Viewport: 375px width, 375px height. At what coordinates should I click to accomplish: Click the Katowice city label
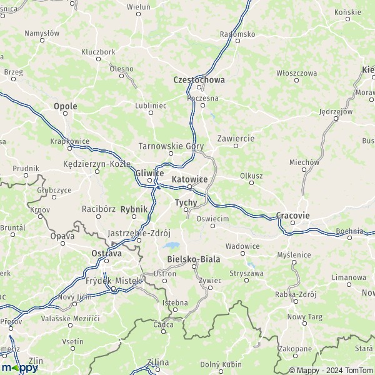click(189, 179)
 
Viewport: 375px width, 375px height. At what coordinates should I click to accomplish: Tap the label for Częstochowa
click(199, 80)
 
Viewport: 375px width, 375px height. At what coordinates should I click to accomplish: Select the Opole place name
click(65, 106)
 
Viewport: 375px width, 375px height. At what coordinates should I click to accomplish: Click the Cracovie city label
click(292, 216)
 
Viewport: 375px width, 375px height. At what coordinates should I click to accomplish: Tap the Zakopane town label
click(296, 349)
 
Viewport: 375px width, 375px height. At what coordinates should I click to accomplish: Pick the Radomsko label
click(237, 34)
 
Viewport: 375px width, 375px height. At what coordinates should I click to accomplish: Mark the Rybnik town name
click(134, 209)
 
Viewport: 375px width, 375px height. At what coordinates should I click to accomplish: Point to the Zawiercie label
click(236, 137)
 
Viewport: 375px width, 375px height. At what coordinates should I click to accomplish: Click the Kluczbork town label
click(98, 52)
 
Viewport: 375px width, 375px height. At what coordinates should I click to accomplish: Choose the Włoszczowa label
click(297, 72)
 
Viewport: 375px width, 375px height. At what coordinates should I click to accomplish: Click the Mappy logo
click(19, 368)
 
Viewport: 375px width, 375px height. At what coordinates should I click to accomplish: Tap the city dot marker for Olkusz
click(251, 183)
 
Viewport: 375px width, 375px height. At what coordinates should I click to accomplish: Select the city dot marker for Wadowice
click(242, 254)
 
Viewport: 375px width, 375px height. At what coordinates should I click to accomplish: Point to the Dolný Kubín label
click(221, 364)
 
